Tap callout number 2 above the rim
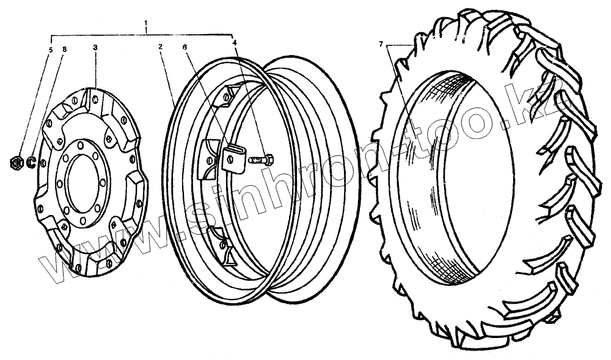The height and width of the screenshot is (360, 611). [x=160, y=46]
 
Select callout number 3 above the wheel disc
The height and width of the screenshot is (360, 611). [x=95, y=46]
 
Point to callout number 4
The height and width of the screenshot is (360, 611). [x=234, y=43]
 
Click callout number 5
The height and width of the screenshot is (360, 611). [x=51, y=50]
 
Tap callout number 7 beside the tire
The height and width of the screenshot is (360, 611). [x=381, y=45]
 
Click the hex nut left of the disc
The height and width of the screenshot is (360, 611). [x=17, y=163]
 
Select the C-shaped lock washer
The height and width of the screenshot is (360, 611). [x=30, y=163]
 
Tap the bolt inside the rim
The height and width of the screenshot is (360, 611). [x=261, y=161]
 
